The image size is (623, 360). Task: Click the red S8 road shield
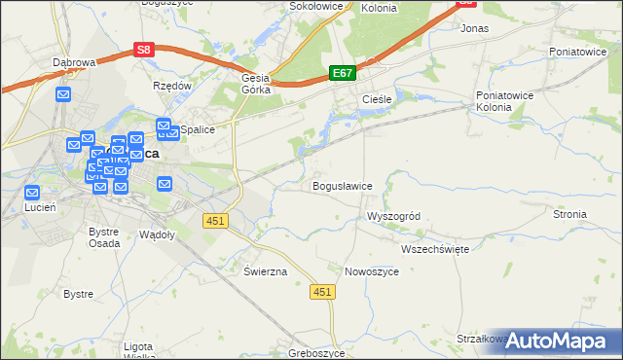point(144,49)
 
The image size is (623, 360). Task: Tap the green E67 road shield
point(342,73)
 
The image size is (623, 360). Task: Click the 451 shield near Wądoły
point(215,221)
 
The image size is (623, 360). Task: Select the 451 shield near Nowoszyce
point(323,291)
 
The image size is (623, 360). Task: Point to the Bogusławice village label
point(342,186)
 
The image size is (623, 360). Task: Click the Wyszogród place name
point(392,216)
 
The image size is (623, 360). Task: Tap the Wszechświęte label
point(435,249)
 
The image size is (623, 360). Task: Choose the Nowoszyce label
point(372,272)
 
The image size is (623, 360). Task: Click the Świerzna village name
point(266,272)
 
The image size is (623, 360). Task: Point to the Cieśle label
point(377,100)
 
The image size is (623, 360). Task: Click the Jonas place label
point(474,29)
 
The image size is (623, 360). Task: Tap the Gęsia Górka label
point(255,86)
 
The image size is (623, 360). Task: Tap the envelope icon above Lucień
point(32,193)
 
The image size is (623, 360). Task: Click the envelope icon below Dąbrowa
point(63,94)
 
